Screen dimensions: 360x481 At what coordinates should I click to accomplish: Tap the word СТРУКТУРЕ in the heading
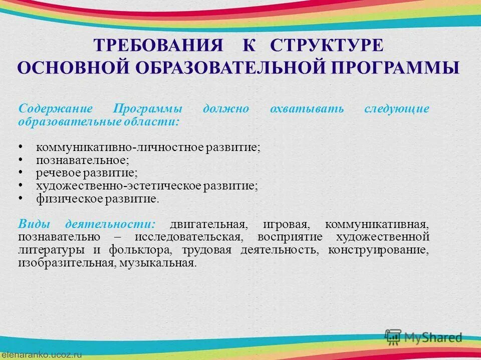[x=327, y=45]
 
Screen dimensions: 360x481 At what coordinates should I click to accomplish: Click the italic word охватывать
[x=307, y=108]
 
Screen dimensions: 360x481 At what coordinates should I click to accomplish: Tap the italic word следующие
[x=397, y=108]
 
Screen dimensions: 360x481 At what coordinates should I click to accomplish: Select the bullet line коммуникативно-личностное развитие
[x=148, y=148]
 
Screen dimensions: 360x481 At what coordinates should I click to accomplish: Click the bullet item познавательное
[x=83, y=160]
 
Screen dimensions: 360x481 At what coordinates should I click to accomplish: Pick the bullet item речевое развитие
[x=86, y=173]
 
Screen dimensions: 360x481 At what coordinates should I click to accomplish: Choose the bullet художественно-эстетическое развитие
[x=147, y=186]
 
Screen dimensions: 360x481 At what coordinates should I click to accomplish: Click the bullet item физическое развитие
[x=97, y=199]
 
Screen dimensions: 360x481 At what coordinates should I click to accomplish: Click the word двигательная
[x=208, y=223]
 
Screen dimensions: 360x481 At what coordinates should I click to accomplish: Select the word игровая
[x=282, y=223]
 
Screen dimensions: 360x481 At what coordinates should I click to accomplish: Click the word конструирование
[x=379, y=249]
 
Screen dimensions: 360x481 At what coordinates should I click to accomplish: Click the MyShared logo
[x=423, y=336]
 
